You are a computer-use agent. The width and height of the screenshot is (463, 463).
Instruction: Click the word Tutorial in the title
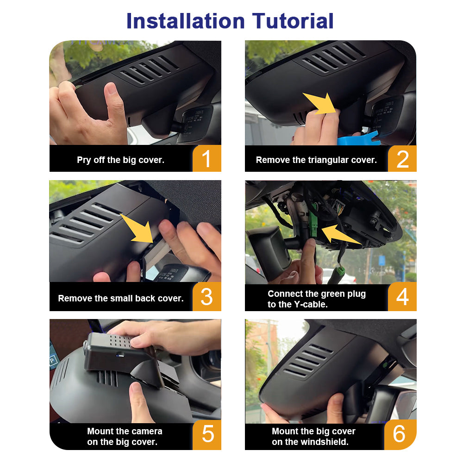coord(293,21)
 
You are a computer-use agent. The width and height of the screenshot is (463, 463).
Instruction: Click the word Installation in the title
coord(186,21)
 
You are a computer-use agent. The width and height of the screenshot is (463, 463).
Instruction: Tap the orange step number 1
coord(206,158)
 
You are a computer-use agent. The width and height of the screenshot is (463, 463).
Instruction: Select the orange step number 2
coord(402,159)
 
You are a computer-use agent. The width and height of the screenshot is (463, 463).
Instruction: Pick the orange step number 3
coord(206,297)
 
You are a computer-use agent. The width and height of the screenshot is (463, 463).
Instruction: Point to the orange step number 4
coord(402,297)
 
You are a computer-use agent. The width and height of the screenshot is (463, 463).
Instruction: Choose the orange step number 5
coord(207,434)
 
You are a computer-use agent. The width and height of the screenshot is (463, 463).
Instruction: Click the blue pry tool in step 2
coord(359,139)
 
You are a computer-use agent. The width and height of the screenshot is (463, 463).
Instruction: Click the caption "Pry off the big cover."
coord(120,160)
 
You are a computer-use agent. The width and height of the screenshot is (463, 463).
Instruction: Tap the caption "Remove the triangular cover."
coord(316,160)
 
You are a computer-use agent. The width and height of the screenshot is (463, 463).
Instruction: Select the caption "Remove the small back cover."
coord(121,298)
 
